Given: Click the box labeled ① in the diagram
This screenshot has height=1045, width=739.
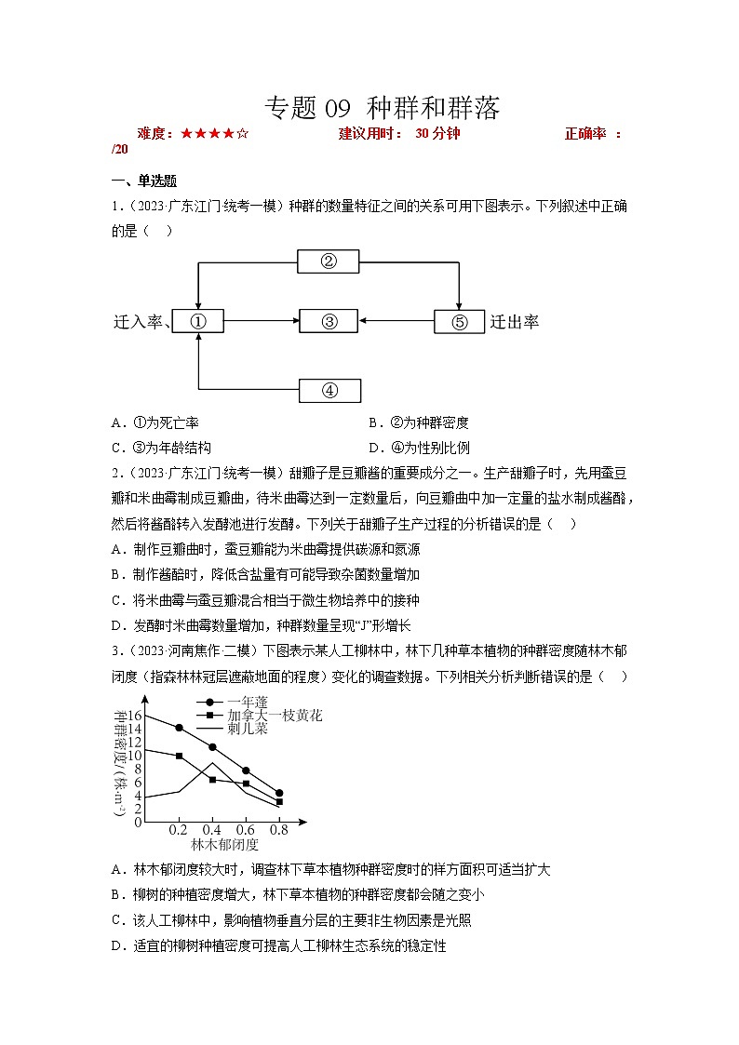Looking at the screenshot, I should (197, 322).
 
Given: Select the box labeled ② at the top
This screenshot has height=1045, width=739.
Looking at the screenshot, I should (328, 261).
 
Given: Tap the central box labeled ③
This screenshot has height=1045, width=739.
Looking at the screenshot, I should (328, 322).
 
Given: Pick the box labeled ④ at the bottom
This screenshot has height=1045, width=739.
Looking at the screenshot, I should (328, 390).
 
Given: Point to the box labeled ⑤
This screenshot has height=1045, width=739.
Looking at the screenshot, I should (459, 322).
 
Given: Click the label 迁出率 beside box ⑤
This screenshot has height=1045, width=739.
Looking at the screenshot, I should (515, 322).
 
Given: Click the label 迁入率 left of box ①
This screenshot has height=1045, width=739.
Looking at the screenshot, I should (138, 322).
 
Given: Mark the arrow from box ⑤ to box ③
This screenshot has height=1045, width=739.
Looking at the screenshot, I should (396, 322).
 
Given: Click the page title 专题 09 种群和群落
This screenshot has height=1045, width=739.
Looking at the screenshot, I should (383, 109).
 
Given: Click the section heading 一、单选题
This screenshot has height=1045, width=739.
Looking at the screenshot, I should (144, 181).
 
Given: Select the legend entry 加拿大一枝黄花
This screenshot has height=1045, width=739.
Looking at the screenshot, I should (275, 716).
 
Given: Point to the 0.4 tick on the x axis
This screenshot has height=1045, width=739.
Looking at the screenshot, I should (212, 830).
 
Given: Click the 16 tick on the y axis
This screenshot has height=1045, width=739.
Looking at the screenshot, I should (134, 715).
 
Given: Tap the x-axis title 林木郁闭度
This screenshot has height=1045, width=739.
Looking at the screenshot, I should (224, 845).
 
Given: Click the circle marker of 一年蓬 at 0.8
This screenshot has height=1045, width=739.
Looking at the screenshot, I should (279, 793).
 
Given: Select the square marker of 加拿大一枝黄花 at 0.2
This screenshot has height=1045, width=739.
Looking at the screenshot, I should (179, 756).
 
